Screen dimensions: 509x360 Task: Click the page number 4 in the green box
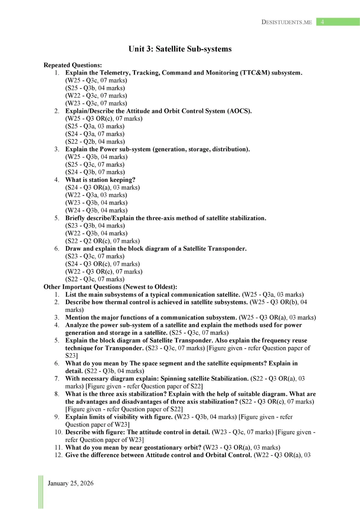(x=322, y=22)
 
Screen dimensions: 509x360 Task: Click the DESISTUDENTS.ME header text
(x=286, y=22)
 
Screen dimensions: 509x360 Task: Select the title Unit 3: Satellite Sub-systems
(x=180, y=49)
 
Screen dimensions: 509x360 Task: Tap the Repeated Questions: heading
(x=73, y=65)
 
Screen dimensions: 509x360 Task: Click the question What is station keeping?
(x=100, y=180)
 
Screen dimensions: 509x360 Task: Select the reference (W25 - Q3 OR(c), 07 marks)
(x=104, y=119)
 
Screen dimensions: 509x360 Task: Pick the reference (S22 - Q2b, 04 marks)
(x=95, y=142)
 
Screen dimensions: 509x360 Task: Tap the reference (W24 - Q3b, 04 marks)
(x=97, y=210)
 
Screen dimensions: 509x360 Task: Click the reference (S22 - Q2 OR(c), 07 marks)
(x=102, y=241)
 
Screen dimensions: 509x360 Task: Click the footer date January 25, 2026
(x=71, y=483)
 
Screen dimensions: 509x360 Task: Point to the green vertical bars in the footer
(x=41, y=492)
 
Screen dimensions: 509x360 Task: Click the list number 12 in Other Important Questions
(x=59, y=455)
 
